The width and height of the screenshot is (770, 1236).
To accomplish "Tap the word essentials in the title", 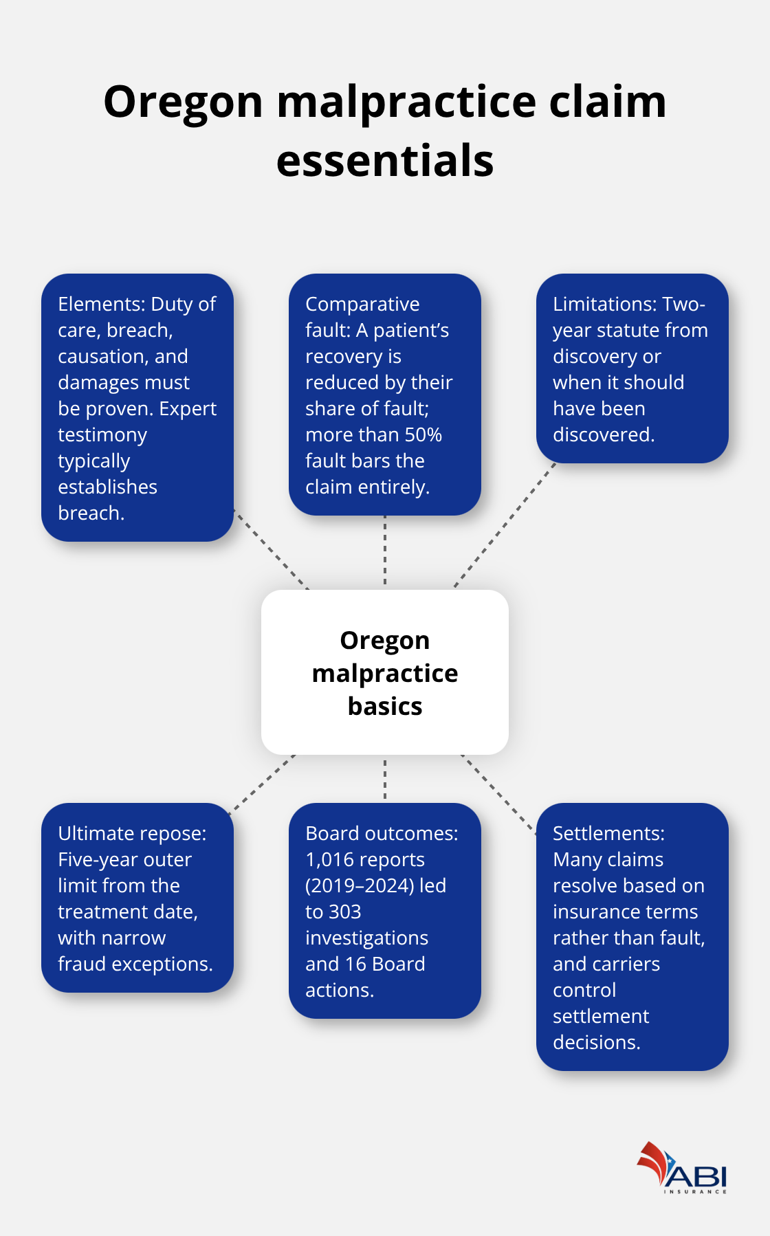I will [x=385, y=162].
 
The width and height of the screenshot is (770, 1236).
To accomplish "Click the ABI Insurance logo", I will [x=682, y=1168].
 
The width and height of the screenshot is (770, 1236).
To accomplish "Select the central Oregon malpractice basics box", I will [x=385, y=672].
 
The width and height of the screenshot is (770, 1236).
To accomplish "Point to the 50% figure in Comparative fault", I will [x=423, y=435].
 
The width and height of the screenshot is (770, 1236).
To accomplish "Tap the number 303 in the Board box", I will [x=345, y=912].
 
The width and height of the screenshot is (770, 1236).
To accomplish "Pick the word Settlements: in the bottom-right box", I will [x=608, y=834].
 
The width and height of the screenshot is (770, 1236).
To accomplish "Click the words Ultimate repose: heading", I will [x=132, y=834].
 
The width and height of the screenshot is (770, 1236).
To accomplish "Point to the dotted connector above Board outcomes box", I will [x=385, y=779].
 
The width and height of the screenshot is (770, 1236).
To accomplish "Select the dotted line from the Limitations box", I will [x=505, y=525].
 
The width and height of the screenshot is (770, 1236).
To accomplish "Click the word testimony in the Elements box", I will [x=102, y=435].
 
